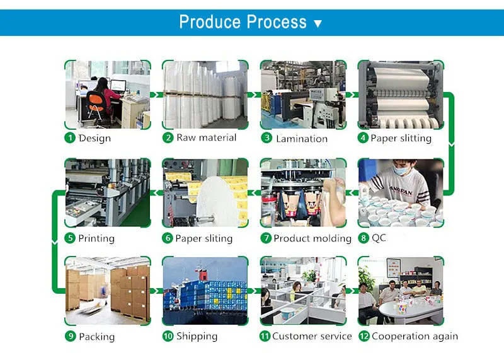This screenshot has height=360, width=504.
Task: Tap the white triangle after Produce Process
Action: coord(318,24)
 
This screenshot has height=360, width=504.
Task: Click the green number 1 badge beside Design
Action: coord(71,138)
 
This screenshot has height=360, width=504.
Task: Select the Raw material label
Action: coord(206,137)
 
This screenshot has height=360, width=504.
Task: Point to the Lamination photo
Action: coord(303,95)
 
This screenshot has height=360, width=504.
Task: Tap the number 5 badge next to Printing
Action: coord(71,238)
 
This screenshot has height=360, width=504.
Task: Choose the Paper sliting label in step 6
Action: coord(203,238)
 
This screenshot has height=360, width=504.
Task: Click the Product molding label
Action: coord(312,238)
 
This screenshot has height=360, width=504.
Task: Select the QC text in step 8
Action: coord(379,238)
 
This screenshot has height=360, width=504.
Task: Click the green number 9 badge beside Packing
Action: coord(71,337)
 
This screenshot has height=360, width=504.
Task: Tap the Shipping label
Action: coord(197,337)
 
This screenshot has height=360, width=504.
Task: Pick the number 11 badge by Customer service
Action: coord(265,337)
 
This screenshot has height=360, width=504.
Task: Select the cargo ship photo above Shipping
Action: coord(205,291)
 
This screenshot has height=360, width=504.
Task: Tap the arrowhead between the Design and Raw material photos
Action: coord(156,95)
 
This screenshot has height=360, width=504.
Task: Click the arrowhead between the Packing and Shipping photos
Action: coord(156,291)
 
